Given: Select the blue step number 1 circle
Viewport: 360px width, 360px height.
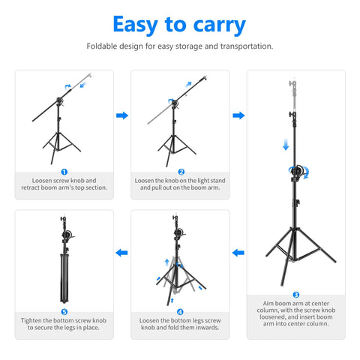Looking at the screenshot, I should (64, 172).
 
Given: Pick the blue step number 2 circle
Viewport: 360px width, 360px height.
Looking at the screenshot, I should (180, 172).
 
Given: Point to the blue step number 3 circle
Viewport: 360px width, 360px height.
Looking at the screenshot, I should (295, 295).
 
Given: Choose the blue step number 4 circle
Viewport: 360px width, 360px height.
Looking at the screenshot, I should (180, 311).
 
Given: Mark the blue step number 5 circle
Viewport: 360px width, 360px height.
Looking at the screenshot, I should (64, 311).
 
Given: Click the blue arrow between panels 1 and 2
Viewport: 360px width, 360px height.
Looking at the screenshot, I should (121, 115).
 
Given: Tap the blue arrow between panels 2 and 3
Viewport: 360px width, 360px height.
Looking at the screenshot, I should (238, 115).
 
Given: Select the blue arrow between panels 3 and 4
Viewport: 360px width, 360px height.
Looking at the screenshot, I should (238, 253).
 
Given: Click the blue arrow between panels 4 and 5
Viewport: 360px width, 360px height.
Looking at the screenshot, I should (121, 253).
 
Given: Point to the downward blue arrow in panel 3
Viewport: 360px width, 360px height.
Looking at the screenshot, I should (286, 143).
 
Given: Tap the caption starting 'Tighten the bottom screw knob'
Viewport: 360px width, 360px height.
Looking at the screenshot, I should (64, 324).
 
